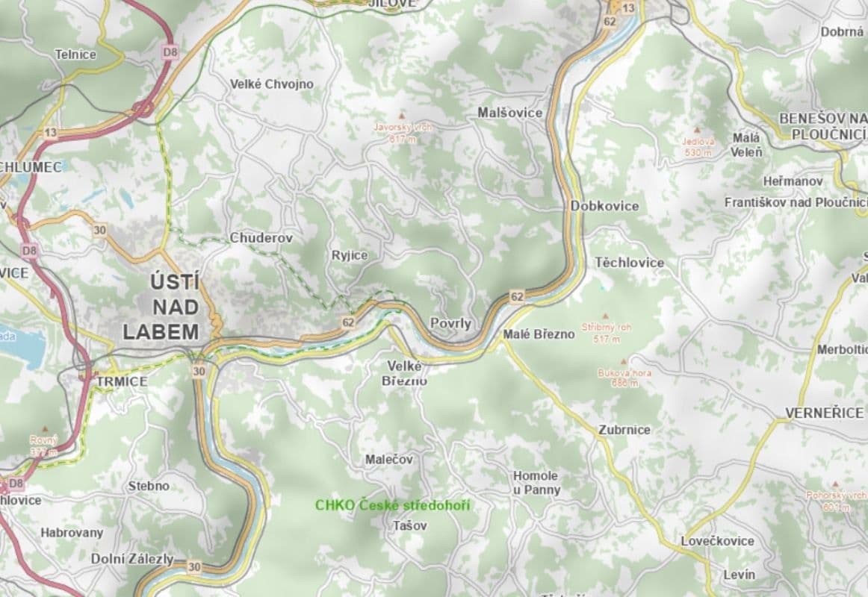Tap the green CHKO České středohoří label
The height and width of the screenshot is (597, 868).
392,505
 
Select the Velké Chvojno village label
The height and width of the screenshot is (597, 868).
272,84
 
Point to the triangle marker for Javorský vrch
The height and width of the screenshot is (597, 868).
403,116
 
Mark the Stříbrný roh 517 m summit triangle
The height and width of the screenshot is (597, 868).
605,316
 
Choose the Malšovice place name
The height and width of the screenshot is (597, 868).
510,113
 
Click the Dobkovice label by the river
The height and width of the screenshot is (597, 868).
604,205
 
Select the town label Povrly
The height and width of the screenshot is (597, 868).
450,323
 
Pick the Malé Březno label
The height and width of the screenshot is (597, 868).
539,334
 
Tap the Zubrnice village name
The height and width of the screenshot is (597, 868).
624,430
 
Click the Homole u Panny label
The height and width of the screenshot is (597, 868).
536,483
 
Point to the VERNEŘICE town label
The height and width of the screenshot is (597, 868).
824,413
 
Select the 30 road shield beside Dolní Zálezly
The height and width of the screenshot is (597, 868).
195,567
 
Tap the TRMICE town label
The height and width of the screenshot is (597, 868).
122,381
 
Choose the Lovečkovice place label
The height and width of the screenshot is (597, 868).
717,541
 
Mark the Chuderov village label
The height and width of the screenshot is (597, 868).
261,238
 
